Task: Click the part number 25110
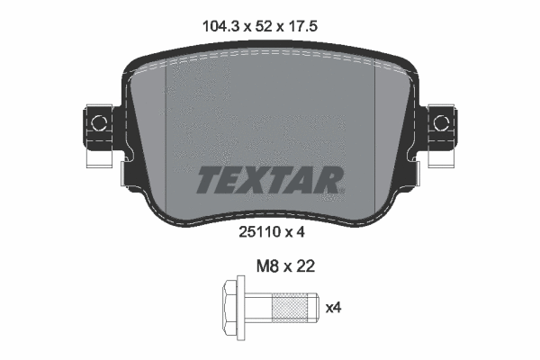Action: coord(258,230)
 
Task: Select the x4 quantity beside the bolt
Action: coord(332,309)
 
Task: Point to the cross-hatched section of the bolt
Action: coord(288,309)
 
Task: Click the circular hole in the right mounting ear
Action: coord(442,120)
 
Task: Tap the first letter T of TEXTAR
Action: coord(208,180)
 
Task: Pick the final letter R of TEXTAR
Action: coord(329,180)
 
